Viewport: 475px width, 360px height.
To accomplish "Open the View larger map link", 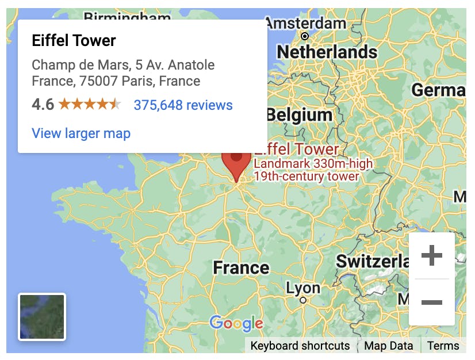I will pos(81,133).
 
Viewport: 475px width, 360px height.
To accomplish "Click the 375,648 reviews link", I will pos(183,105).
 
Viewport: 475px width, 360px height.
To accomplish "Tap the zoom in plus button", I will pos(431,256).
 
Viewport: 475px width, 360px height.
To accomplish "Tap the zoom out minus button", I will pos(431,302).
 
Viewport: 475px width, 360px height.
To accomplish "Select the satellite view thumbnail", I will pos(42,317).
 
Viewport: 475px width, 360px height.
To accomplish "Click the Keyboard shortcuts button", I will pos(300,346).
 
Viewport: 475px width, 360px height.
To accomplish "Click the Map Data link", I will pos(389,346).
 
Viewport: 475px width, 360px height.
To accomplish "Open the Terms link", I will pos(443,346).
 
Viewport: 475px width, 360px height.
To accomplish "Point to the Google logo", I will pos(236,323).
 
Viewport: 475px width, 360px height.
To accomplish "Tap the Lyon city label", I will pos(303,288).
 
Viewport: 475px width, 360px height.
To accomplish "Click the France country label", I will pos(241,267).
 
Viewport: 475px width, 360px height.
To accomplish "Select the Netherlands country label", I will pos(327,52).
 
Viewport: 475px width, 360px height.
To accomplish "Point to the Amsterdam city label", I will pos(306,24).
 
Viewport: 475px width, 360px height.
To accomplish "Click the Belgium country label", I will pos(300,115).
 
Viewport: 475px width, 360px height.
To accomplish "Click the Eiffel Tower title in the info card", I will pos(74,41).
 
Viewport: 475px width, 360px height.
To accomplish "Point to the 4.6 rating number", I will pos(43,105).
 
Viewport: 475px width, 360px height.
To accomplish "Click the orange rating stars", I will pos(90,105).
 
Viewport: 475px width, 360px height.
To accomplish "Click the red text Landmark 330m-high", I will pos(313,164).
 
